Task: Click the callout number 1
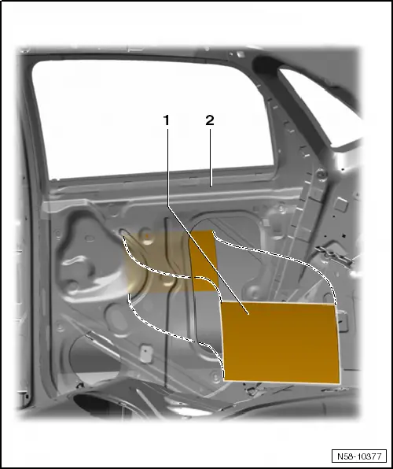[166, 120]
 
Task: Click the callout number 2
[210, 120]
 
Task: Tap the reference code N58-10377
[359, 456]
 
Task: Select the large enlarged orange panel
[281, 342]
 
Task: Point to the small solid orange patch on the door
[204, 260]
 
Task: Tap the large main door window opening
[152, 120]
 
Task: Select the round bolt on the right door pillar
[321, 172]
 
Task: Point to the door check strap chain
[333, 256]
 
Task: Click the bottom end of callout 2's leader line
[210, 186]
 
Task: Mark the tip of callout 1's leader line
[248, 314]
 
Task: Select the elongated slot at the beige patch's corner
[123, 233]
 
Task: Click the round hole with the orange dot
[146, 236]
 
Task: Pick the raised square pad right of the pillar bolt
[340, 204]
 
